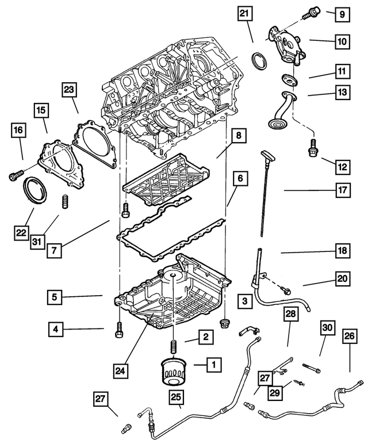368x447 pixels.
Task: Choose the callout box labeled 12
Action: coord(343,167)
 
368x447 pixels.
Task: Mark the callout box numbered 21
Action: coord(245,15)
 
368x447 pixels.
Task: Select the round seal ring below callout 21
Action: coord(260,60)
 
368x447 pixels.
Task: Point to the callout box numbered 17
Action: coord(342,190)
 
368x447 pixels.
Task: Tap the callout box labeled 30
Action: coord(327,328)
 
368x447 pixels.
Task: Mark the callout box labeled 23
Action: coord(69,90)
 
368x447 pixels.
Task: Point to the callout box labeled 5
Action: coord(56,296)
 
